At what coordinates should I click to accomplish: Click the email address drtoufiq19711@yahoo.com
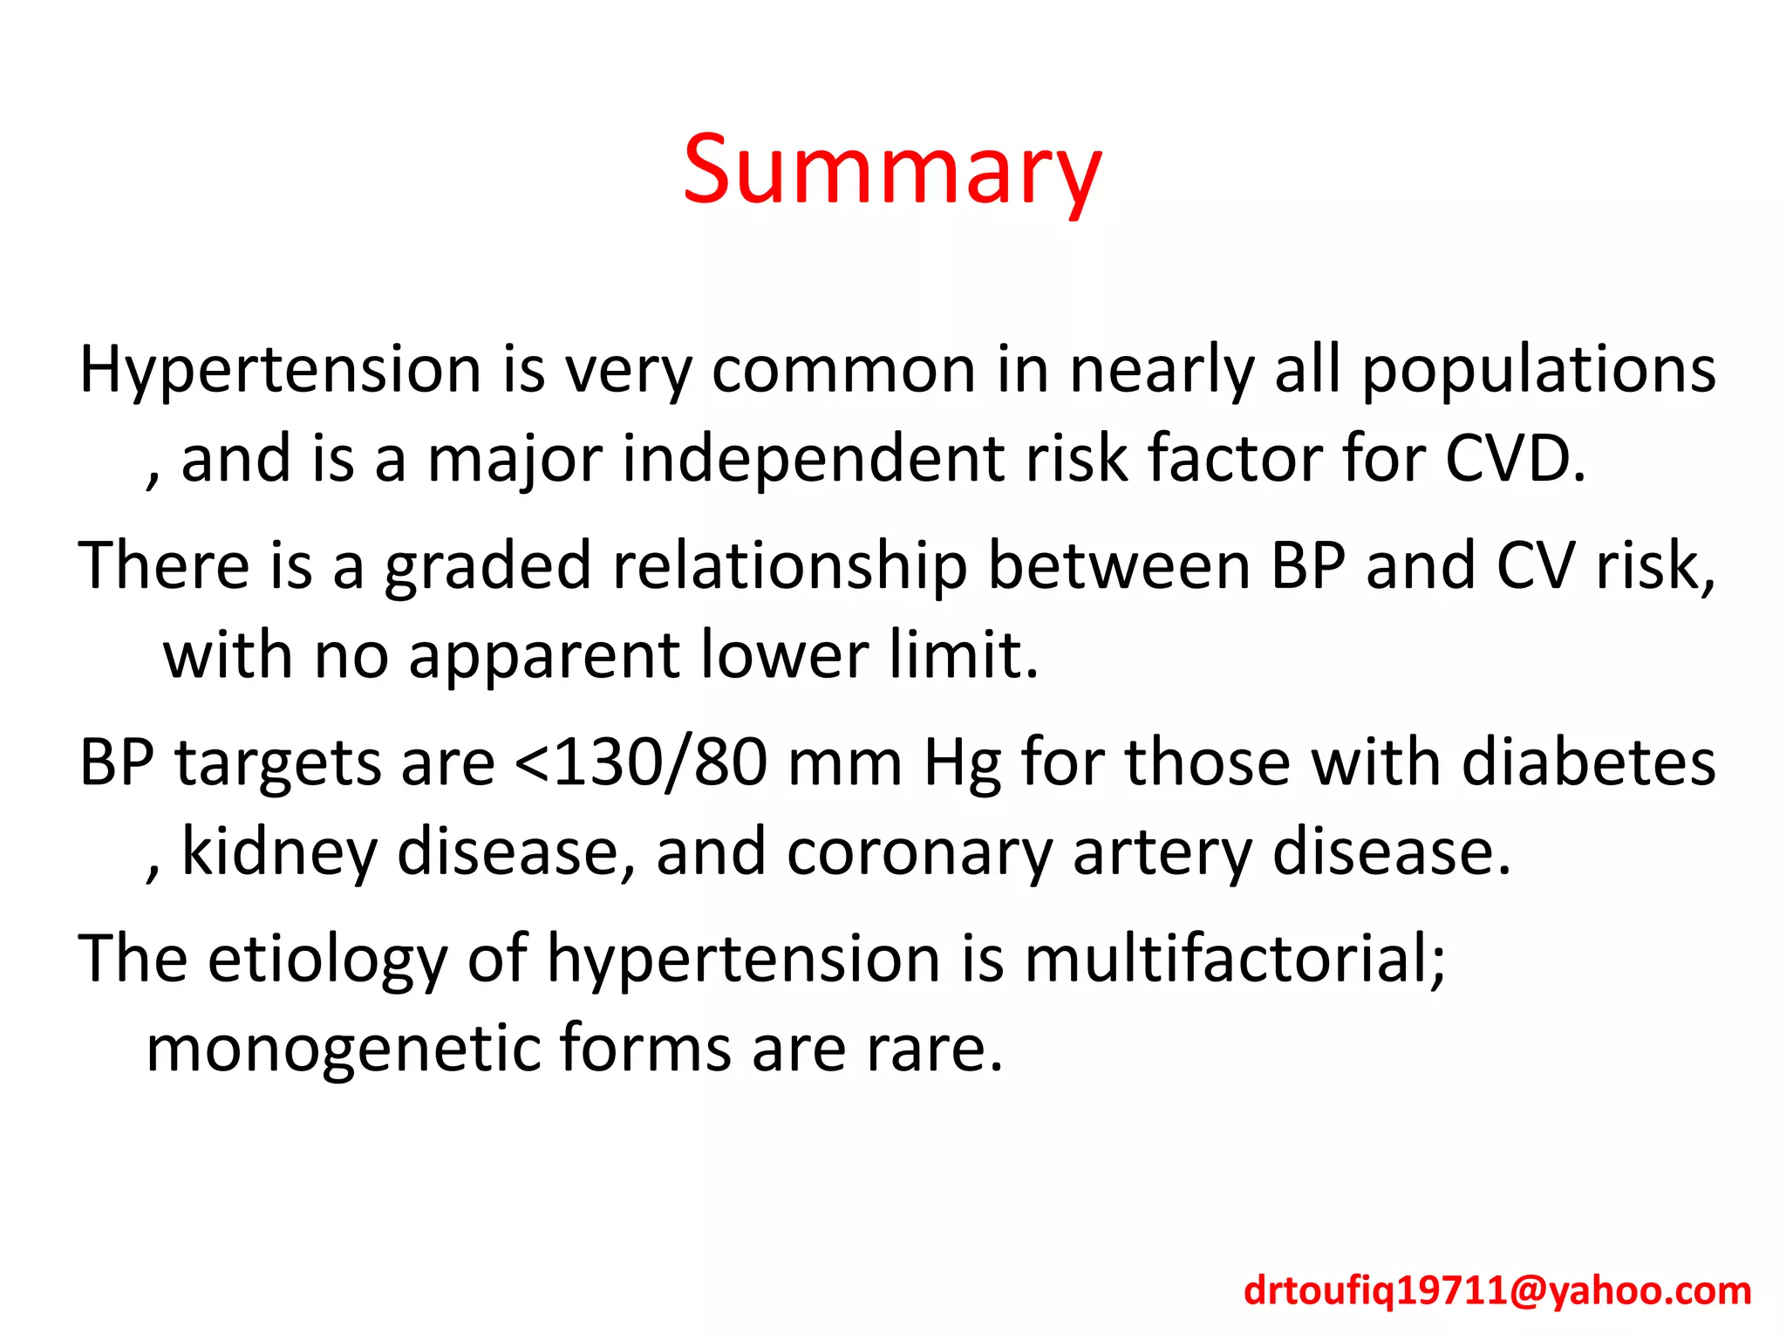(x=1497, y=1290)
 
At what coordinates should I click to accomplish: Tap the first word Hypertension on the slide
(x=280, y=370)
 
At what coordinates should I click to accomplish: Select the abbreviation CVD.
(x=1515, y=459)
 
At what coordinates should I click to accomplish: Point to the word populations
(x=1538, y=370)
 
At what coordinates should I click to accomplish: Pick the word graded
(x=488, y=566)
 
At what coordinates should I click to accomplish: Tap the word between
(x=1118, y=566)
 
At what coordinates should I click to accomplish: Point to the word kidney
(x=279, y=852)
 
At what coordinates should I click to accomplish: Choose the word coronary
(x=919, y=852)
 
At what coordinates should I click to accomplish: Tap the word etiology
(x=327, y=959)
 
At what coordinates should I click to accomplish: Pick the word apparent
(x=544, y=655)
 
